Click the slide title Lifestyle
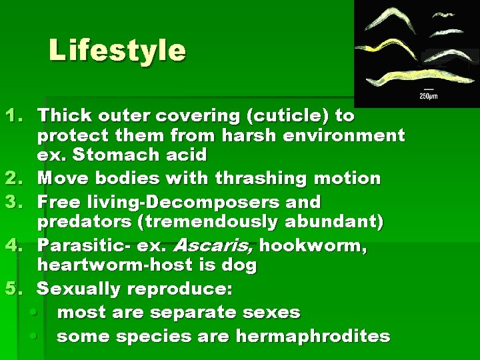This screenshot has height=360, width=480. point(117,50)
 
